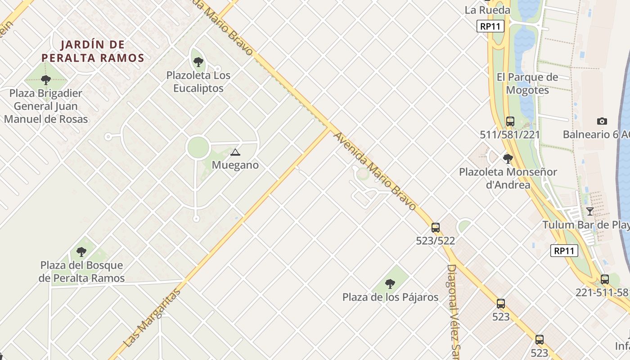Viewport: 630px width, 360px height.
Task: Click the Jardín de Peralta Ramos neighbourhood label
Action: pos(93,51)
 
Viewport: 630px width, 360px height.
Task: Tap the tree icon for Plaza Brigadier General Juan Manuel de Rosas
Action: pos(45,80)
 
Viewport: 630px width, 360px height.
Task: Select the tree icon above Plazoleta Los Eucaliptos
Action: pos(198,62)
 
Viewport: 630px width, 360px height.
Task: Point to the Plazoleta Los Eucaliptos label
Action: pos(198,81)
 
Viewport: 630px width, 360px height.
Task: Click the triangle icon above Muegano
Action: pos(235,153)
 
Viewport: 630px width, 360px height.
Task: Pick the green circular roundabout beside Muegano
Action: pos(198,148)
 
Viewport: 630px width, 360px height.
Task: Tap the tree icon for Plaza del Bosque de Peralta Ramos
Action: pos(81,252)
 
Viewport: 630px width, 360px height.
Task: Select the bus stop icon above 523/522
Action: pos(435,228)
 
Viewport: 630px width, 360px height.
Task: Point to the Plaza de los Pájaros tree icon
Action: pos(390,284)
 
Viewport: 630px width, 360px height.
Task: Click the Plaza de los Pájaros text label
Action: pos(390,297)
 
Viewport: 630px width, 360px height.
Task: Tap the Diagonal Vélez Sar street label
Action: pos(452,310)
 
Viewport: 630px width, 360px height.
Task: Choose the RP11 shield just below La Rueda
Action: pos(490,26)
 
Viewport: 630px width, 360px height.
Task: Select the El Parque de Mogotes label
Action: pos(527,83)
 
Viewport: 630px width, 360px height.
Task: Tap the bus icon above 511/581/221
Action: pos(510,121)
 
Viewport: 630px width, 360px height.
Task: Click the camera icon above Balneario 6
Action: pos(602,121)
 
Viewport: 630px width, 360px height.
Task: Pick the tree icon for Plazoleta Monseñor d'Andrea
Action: pos(508,158)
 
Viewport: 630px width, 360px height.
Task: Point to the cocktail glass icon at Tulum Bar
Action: pos(589,211)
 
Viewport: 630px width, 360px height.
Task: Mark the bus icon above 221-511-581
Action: pos(604,279)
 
